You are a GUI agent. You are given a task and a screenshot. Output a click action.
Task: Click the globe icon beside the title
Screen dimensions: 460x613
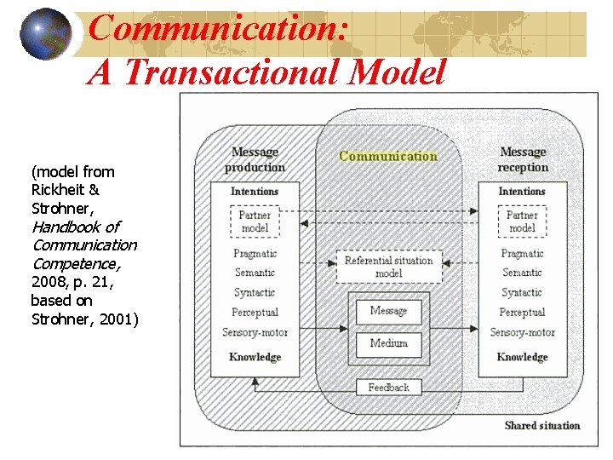46,35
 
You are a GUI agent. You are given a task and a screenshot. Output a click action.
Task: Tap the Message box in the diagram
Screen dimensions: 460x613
388,311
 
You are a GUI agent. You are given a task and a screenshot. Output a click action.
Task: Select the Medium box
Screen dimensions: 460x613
388,343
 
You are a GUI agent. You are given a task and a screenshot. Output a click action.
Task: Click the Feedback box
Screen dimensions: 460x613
388,388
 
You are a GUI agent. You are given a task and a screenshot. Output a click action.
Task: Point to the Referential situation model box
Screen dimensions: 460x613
388,267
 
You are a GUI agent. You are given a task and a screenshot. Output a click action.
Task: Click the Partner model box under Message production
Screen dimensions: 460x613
255,221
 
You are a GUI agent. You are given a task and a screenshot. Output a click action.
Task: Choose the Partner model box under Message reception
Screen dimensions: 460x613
522,221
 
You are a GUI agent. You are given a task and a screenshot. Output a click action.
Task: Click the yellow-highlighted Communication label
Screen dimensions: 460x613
388,156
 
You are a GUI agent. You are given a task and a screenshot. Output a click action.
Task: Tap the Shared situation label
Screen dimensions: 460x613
541,425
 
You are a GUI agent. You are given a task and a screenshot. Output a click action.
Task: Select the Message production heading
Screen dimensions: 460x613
255,159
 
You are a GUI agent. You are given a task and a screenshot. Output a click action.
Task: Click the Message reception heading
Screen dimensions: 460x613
523,159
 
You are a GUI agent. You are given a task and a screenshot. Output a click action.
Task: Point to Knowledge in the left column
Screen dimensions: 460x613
255,357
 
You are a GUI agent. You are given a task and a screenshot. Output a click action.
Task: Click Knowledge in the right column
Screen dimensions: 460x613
522,357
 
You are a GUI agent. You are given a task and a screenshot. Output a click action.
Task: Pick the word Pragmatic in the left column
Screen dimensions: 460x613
255,253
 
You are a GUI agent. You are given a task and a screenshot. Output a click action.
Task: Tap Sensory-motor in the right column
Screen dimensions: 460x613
522,332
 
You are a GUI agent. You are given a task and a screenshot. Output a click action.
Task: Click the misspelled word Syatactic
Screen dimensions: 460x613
522,292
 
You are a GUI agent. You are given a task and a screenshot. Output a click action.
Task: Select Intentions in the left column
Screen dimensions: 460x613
255,192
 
